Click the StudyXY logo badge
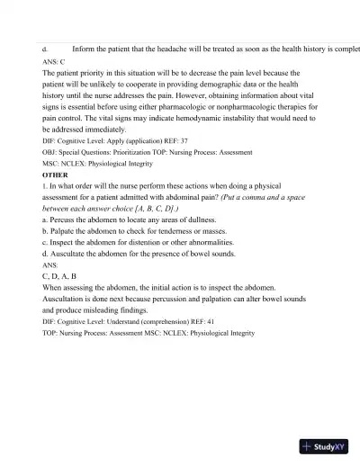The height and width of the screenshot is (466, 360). [x=325, y=445]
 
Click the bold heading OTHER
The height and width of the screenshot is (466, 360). [x=55, y=175]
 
